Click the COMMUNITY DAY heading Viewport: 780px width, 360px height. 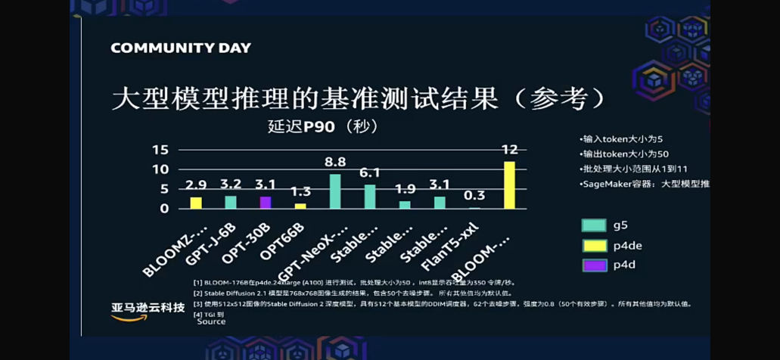181,48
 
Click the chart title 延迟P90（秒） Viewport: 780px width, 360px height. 322,126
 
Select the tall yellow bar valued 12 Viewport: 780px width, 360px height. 509,185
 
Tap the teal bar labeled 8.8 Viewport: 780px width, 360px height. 335,191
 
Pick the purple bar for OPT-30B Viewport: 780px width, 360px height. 265,202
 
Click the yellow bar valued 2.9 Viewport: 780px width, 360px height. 196,203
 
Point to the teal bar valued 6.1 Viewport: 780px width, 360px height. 370,197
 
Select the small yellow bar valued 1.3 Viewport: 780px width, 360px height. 300,206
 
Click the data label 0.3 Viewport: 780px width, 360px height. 474,195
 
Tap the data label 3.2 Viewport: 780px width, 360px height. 231,184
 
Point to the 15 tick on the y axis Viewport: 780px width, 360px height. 160,150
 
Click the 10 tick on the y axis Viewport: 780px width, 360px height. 160,169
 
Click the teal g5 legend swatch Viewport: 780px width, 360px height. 594,225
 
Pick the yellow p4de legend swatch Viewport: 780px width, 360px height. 594,245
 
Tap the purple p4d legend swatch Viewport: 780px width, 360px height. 594,265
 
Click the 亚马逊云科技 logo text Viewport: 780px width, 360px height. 148,307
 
